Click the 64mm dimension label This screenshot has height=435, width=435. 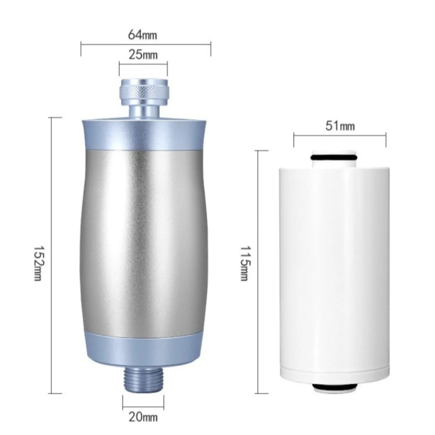point(143,35)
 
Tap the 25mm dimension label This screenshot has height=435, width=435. point(143,55)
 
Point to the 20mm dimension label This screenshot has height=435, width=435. point(143,417)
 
